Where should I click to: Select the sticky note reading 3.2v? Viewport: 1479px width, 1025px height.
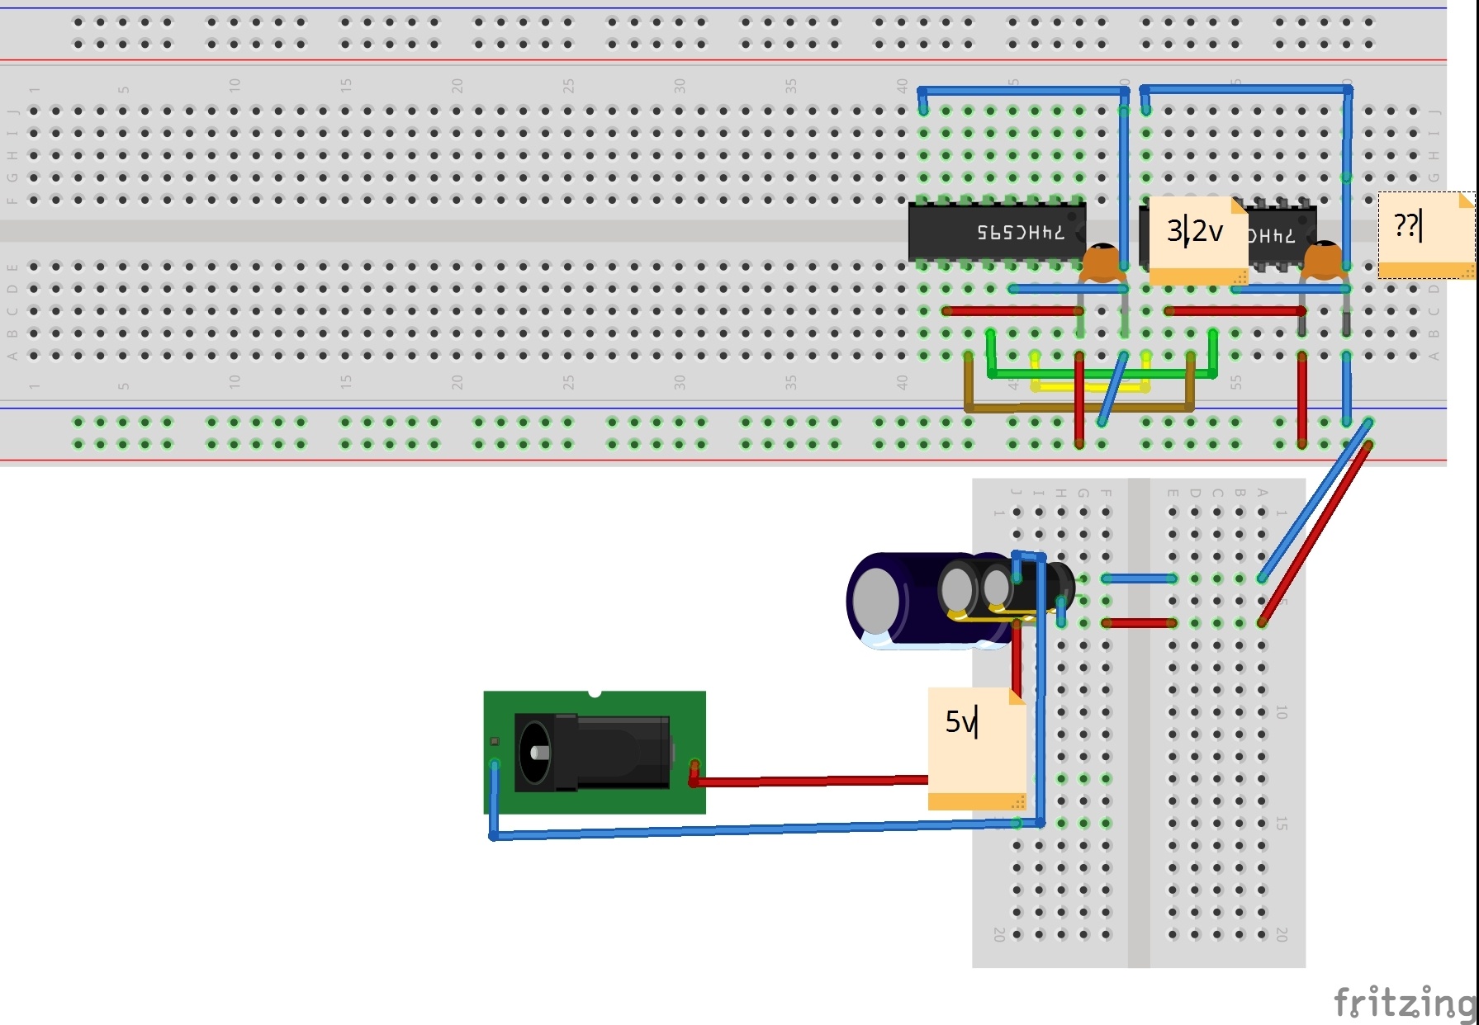[x=1197, y=239]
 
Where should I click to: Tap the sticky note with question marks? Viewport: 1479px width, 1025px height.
[x=1426, y=235]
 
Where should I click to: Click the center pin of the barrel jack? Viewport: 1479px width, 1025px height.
[x=538, y=753]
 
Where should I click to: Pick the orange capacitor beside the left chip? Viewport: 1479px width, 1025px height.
[x=1101, y=262]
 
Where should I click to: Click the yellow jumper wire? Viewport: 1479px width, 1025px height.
[x=1090, y=386]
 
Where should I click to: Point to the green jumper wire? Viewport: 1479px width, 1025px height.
[x=1098, y=374]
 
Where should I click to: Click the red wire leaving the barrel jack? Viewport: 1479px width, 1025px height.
[x=809, y=781]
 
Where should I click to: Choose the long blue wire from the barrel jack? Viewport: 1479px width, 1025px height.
[x=743, y=831]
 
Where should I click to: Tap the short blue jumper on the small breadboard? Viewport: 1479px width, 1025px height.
[x=1140, y=579]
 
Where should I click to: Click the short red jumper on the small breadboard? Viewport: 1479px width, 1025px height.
[x=1140, y=623]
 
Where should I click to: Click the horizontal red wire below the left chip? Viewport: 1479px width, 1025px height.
[x=1012, y=311]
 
